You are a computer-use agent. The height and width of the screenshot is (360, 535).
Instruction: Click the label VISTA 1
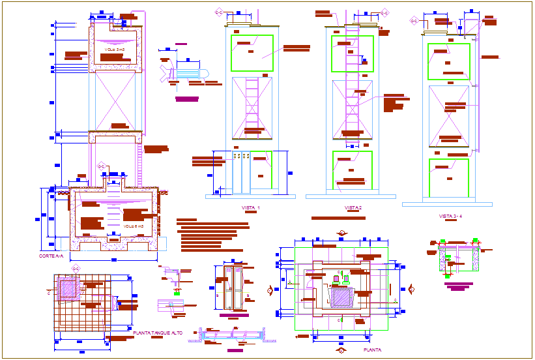(251, 208)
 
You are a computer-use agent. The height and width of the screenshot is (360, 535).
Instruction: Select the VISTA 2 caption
(353, 208)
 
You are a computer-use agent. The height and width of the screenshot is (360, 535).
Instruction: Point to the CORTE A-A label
(51, 256)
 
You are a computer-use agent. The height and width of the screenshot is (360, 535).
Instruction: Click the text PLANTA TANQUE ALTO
(156, 333)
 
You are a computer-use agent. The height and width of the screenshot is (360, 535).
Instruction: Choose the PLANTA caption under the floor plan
(372, 350)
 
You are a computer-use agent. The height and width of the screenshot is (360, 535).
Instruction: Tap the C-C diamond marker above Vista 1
(219, 12)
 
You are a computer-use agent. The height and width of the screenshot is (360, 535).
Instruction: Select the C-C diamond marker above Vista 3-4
(413, 20)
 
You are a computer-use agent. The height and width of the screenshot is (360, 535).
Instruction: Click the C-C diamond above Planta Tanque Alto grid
(76, 267)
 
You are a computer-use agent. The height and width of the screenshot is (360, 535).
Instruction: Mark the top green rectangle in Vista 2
(353, 53)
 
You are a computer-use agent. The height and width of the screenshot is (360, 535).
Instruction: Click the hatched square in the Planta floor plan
(341, 297)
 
